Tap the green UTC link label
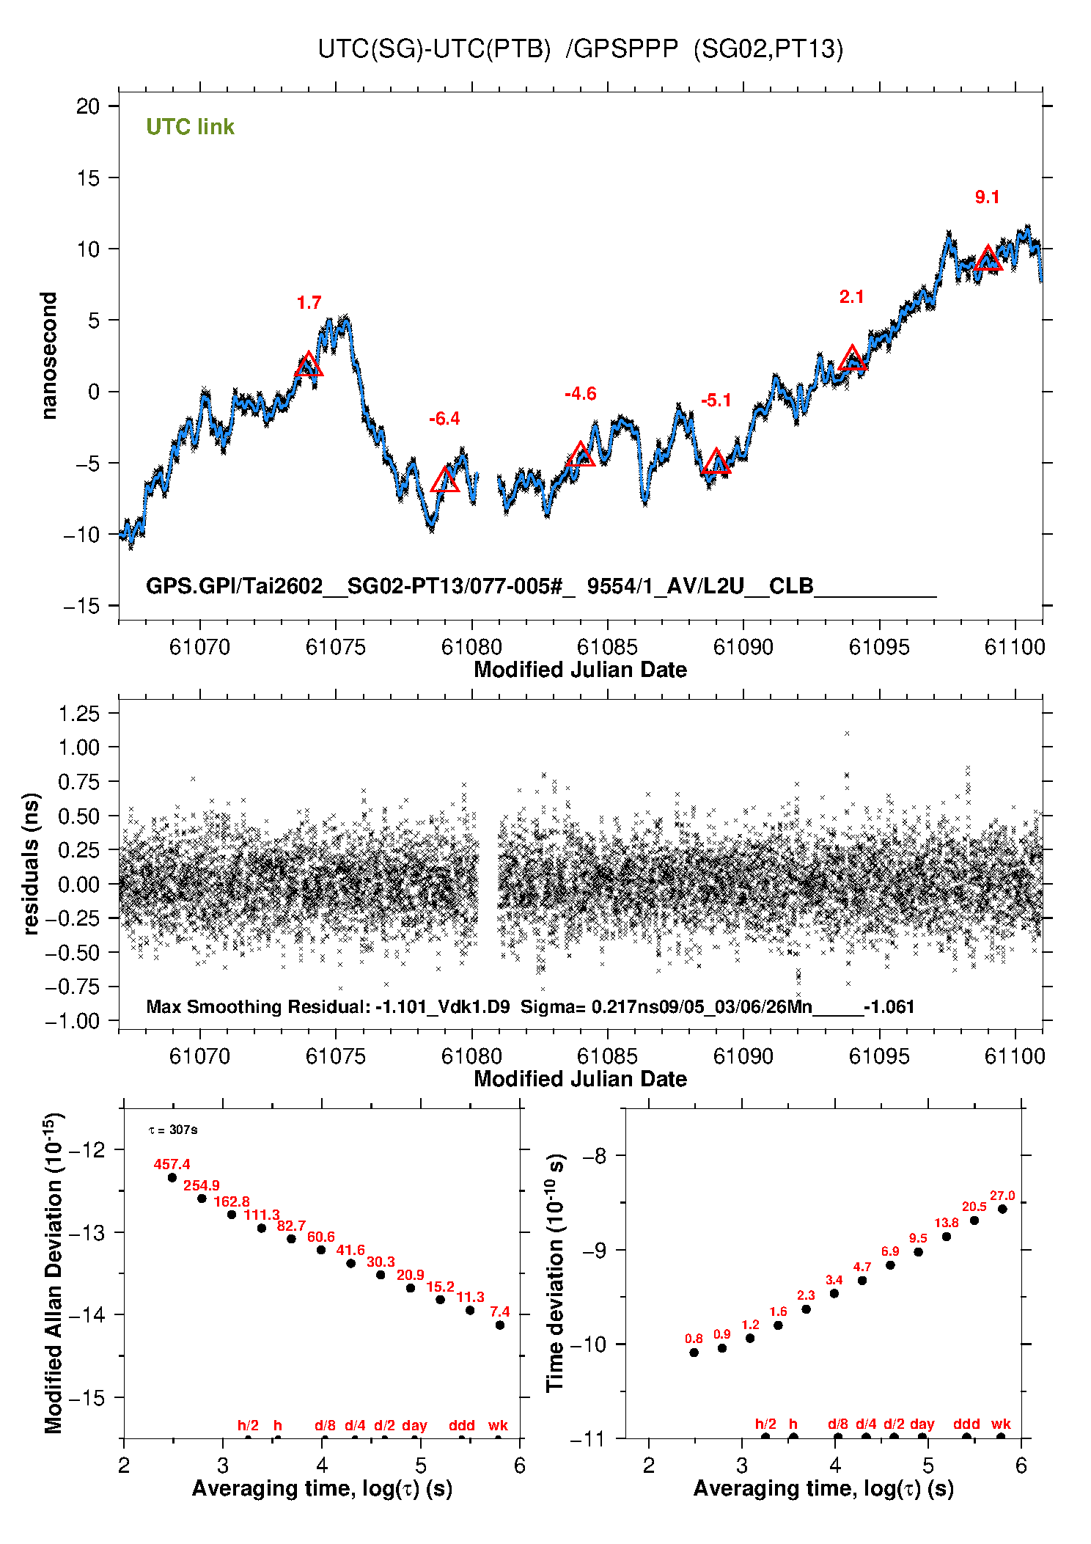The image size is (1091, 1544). coord(190,127)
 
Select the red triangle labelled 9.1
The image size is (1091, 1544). coord(988,259)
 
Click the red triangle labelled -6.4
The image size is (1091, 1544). coord(444,480)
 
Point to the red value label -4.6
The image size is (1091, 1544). coord(580,394)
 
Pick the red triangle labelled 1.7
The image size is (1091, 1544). coord(309,365)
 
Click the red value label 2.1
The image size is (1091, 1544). coord(851,297)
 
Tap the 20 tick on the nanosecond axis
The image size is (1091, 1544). coord(88,106)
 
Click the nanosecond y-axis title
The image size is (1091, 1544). coord(48,356)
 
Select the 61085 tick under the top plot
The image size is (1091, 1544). coord(607,647)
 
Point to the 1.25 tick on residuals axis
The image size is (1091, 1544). coord(79,714)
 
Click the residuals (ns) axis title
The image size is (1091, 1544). coord(31,863)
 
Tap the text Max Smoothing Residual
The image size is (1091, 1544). coord(257,1006)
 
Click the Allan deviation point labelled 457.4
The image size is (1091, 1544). coord(172,1178)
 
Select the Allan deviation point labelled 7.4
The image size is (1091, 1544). coord(500,1325)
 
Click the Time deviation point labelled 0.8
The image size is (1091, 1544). coord(694,1353)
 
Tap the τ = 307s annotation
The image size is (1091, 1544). coord(173,1130)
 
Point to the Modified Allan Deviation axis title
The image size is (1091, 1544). coord(54,1273)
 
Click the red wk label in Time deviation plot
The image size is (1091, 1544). coord(1001,1424)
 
